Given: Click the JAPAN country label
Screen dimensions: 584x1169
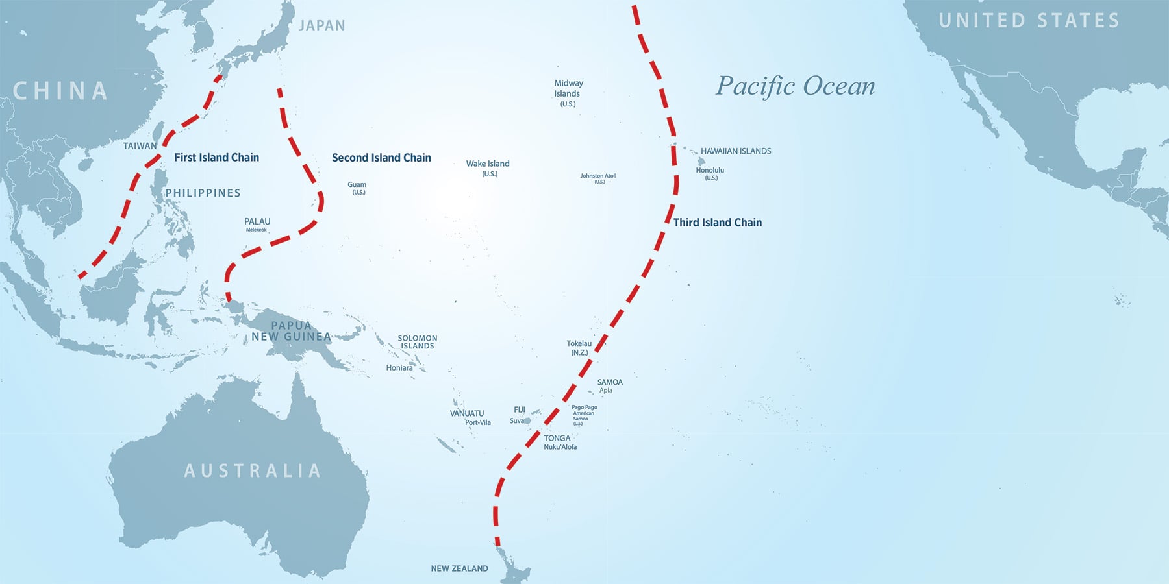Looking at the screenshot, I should pyautogui.click(x=321, y=26).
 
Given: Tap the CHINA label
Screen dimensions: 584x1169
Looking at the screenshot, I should pyautogui.click(x=60, y=91).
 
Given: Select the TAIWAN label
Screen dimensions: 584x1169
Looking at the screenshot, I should pyautogui.click(x=140, y=146).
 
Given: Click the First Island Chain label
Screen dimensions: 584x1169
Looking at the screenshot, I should pyautogui.click(x=216, y=158).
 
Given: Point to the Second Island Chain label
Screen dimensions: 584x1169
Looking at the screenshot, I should pyautogui.click(x=381, y=158).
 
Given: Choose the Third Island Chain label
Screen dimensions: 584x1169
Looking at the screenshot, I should pyautogui.click(x=717, y=223).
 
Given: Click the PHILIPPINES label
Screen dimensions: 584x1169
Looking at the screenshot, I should pyautogui.click(x=203, y=193).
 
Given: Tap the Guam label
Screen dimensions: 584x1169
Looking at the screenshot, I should pyautogui.click(x=357, y=185).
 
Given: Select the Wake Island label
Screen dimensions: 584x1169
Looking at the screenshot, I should pyautogui.click(x=488, y=164).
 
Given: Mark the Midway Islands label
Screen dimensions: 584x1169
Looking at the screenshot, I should pyautogui.click(x=568, y=89).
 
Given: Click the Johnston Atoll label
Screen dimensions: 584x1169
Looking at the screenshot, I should pyautogui.click(x=598, y=176).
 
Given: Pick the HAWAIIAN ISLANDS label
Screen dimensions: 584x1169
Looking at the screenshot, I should pyautogui.click(x=736, y=151).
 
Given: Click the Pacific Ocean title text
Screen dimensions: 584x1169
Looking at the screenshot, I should pyautogui.click(x=795, y=86).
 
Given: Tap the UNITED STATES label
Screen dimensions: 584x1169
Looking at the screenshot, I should pyautogui.click(x=1029, y=21).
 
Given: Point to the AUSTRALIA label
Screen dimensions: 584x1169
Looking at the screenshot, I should pyautogui.click(x=252, y=470).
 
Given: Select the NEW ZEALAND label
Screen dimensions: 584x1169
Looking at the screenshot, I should pyautogui.click(x=459, y=568).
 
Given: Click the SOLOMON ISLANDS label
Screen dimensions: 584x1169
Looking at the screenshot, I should pyautogui.click(x=417, y=342).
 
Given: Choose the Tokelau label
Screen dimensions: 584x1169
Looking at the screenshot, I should pyautogui.click(x=579, y=344).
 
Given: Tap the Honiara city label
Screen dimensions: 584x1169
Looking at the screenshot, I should pyautogui.click(x=399, y=368).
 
